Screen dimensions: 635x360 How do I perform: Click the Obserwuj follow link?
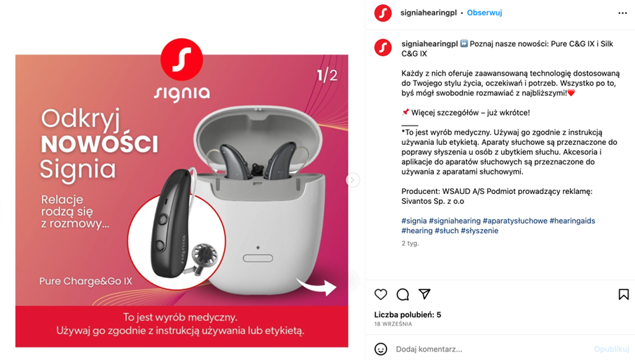(x=484, y=13)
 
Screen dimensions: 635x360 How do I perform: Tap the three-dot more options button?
(x=622, y=13)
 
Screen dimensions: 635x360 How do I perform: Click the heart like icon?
(x=381, y=294)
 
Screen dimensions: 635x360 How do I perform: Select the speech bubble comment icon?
(x=403, y=294)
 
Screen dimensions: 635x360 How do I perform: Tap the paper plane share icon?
(x=424, y=294)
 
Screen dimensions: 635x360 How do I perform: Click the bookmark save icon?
(x=624, y=294)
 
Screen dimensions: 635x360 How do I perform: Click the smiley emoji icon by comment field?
(x=381, y=349)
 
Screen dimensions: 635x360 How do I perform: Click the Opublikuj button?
(x=611, y=349)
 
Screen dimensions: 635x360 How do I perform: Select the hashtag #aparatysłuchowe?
(x=515, y=221)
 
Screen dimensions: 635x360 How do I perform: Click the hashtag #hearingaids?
(x=572, y=221)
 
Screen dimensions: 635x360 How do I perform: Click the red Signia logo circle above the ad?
(x=182, y=60)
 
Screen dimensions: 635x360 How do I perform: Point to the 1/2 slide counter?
(x=327, y=76)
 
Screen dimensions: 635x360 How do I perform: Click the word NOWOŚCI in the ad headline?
(x=99, y=144)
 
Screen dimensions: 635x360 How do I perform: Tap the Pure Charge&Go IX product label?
(x=86, y=281)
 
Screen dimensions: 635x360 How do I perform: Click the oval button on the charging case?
(x=258, y=258)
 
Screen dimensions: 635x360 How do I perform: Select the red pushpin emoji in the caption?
(x=405, y=112)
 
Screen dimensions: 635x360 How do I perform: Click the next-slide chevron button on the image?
(x=352, y=180)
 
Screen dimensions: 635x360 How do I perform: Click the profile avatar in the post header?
(x=383, y=13)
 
